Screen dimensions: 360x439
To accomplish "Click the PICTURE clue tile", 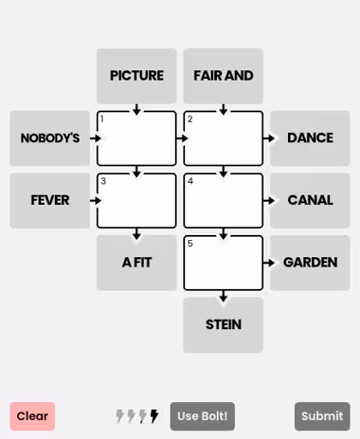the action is pyautogui.click(x=136, y=76).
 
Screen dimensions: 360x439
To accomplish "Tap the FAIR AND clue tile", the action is pyautogui.click(x=223, y=76).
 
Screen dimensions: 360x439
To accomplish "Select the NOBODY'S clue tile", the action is pyautogui.click(x=50, y=138).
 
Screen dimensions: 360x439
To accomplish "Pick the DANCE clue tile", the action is pyautogui.click(x=310, y=138).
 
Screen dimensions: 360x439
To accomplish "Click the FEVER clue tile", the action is pyautogui.click(x=50, y=201).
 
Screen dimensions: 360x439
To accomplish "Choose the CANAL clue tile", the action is pyautogui.click(x=310, y=201).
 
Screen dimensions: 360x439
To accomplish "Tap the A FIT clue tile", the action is pyautogui.click(x=136, y=262).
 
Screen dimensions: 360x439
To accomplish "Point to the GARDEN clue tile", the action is pyautogui.click(x=310, y=262).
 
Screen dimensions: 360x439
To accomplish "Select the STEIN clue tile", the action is pyautogui.click(x=223, y=325).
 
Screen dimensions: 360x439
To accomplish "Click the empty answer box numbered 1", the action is pyautogui.click(x=136, y=138).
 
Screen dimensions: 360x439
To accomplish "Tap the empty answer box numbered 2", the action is pyautogui.click(x=223, y=138).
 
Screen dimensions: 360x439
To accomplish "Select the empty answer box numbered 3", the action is pyautogui.click(x=136, y=201).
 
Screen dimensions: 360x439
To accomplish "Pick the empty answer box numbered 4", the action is pyautogui.click(x=223, y=201).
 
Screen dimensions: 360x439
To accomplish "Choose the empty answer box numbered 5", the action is pyautogui.click(x=223, y=262).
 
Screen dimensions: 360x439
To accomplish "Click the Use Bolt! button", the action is pyautogui.click(x=202, y=416).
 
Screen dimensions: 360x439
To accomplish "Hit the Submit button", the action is pyautogui.click(x=322, y=416).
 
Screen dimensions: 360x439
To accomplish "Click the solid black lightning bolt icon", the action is pyautogui.click(x=154, y=416).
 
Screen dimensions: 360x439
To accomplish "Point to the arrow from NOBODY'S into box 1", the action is pyautogui.click(x=95, y=138).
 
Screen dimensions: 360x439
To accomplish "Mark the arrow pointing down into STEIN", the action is pyautogui.click(x=224, y=296).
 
